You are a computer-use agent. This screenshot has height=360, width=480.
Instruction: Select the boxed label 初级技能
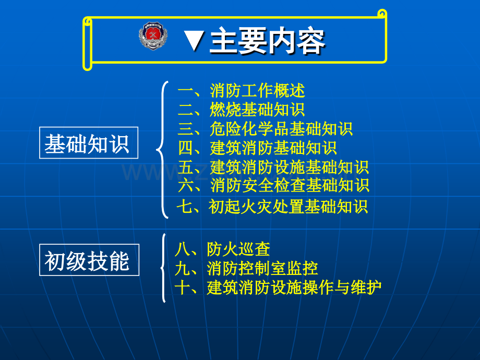tap(89, 260)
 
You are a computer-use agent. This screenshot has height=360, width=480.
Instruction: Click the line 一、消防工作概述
tap(241, 91)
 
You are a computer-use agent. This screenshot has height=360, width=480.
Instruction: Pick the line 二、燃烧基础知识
tap(241, 110)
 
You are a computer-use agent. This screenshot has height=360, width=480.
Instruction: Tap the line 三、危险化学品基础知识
tap(265, 129)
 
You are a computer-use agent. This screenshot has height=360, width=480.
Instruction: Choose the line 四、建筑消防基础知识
tap(257, 148)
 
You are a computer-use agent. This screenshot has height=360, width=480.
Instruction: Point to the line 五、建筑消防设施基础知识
tap(273, 167)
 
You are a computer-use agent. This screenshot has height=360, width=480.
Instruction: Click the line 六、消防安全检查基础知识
tap(273, 185)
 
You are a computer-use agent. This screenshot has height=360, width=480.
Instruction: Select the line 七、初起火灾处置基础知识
tap(272, 207)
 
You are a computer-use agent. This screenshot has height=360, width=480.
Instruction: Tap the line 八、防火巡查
tap(222, 249)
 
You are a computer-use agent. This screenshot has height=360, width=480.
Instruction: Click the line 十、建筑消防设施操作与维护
tap(278, 287)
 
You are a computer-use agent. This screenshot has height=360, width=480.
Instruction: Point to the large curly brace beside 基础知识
tap(161, 149)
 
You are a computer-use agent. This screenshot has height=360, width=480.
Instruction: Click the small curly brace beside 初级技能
tap(163, 268)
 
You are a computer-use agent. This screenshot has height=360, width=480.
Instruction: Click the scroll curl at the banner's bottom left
tap(88, 65)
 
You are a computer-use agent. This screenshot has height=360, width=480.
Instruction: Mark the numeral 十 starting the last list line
tap(183, 287)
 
